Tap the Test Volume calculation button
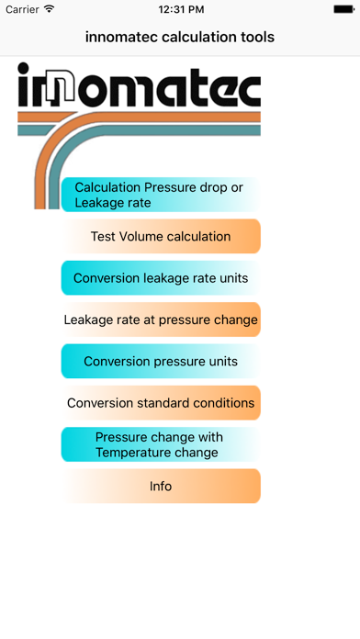(x=161, y=236)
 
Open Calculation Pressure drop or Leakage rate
(x=161, y=195)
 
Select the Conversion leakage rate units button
(x=161, y=278)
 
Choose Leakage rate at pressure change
(x=161, y=320)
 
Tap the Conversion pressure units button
(x=161, y=361)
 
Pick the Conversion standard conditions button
(x=161, y=402)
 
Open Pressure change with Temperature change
(x=161, y=444)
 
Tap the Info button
(x=161, y=486)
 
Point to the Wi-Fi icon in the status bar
(x=50, y=9)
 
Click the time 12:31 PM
(x=180, y=9)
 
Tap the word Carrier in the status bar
(x=22, y=9)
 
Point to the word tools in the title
(x=256, y=38)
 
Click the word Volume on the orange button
(x=143, y=236)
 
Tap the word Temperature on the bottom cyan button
(x=157, y=452)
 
